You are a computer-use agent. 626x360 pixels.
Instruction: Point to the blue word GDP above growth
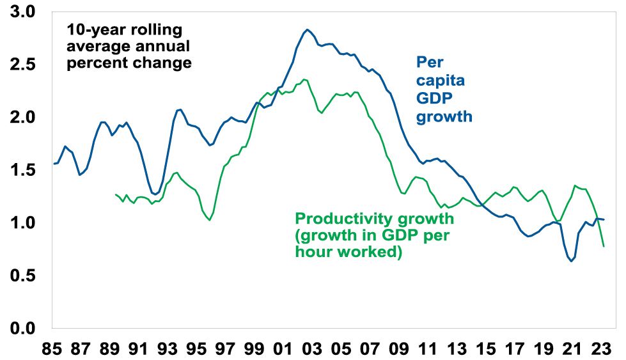[434, 99]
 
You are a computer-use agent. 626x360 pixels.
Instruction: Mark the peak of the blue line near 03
[308, 29]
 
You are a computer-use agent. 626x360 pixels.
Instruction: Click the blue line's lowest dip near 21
[571, 261]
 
